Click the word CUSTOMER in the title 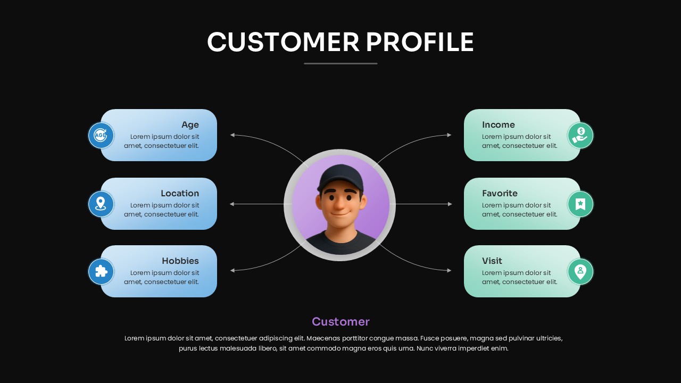[283, 42]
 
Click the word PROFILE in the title [420, 42]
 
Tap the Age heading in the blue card [190, 125]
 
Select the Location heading [180, 193]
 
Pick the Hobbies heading [180, 261]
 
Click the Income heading [499, 124]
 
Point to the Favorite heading [500, 193]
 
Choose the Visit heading [492, 261]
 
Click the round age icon [101, 135]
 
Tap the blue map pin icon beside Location [101, 204]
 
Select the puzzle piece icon [101, 271]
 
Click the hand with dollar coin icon [580, 135]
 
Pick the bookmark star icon [580, 204]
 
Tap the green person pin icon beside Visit [580, 271]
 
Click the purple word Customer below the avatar [340, 322]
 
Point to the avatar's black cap [340, 177]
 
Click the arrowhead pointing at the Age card [232, 135]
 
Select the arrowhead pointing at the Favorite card [450, 204]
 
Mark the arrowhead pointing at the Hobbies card [232, 270]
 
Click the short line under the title [340, 63]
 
